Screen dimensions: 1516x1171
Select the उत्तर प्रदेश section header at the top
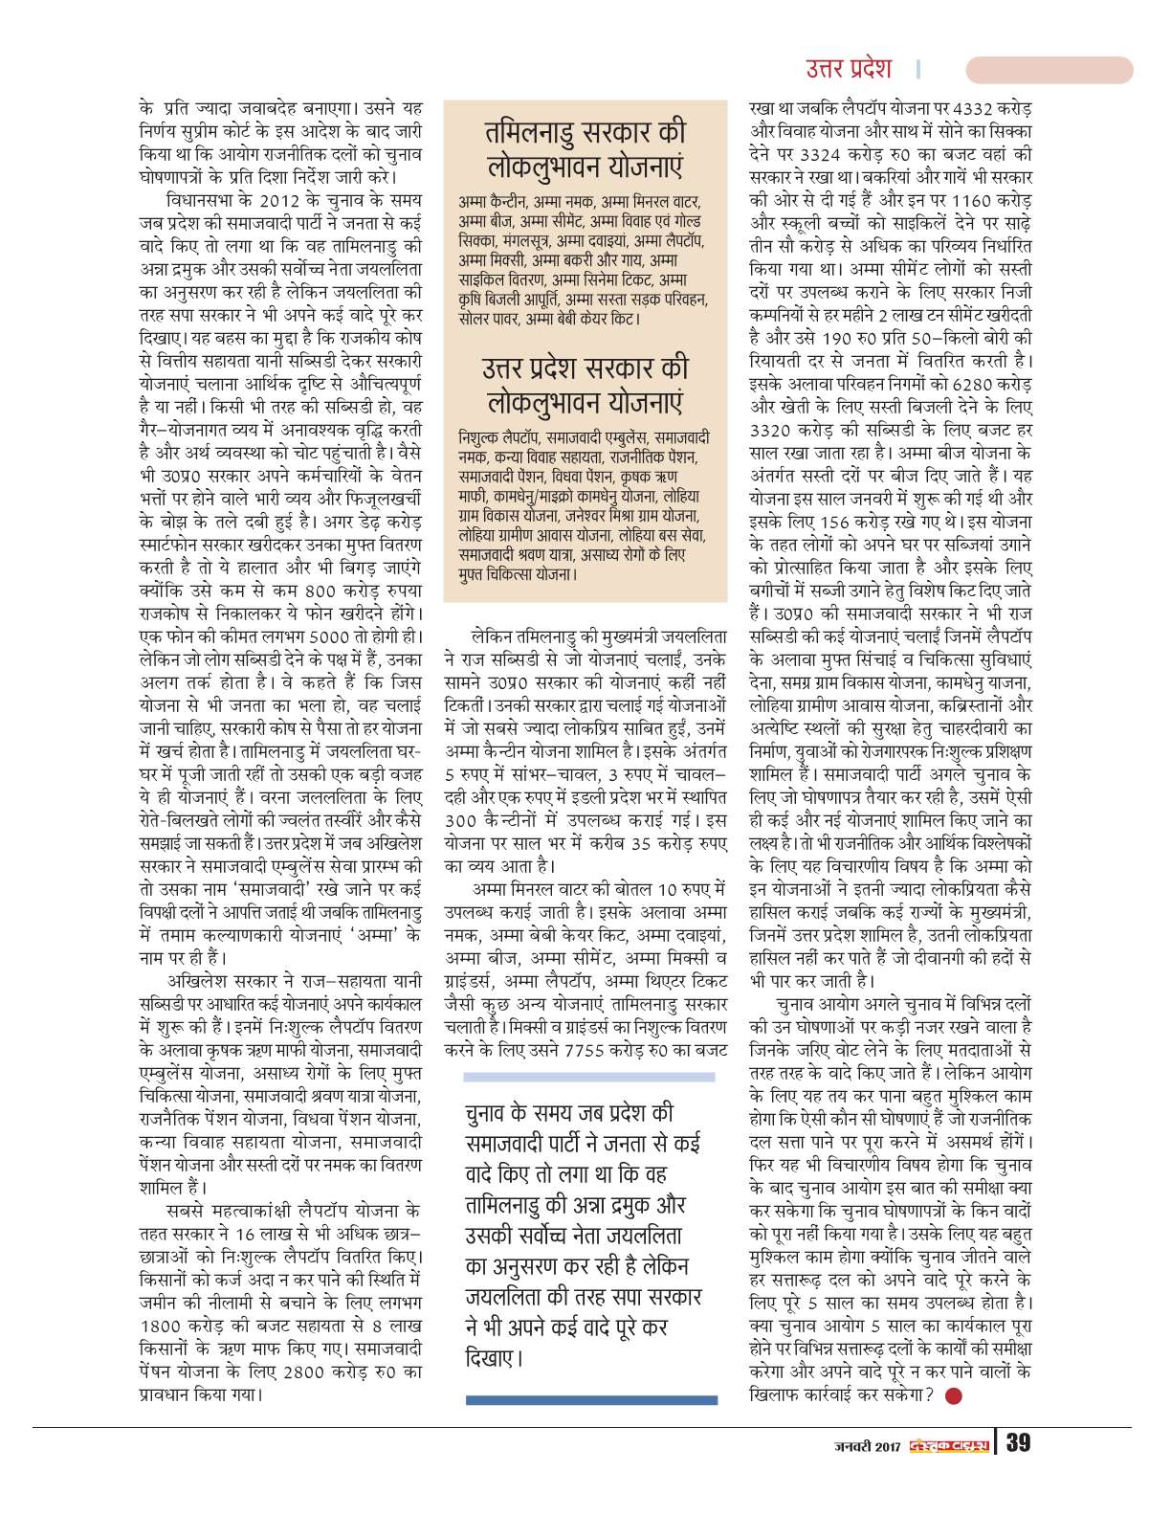(x=848, y=69)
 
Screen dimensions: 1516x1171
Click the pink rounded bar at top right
(x=1049, y=70)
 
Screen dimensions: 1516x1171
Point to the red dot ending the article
(x=952, y=1395)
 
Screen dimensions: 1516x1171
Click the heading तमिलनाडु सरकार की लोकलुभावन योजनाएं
(x=585, y=148)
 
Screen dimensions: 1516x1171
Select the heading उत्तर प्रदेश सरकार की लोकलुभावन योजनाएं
(x=585, y=383)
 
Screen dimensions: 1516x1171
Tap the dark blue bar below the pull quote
(x=590, y=1399)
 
